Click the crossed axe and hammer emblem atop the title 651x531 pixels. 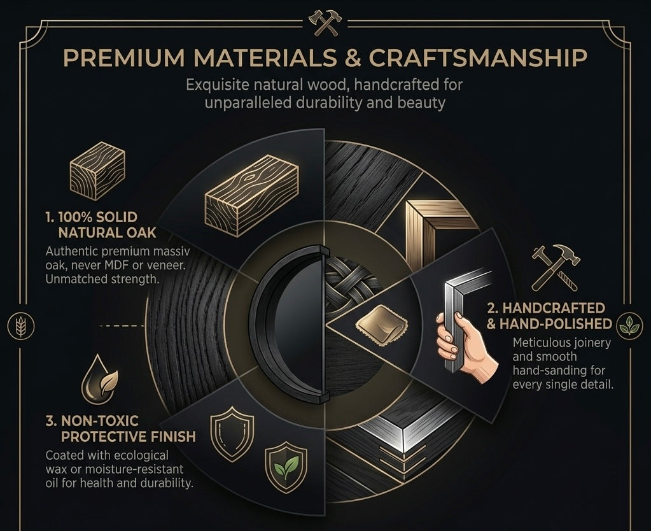(325, 24)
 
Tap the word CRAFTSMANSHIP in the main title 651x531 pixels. (478, 57)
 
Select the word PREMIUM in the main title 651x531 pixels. (124, 57)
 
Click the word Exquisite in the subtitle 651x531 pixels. (218, 85)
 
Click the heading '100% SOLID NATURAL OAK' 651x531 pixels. (101, 225)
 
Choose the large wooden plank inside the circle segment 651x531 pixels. (251, 195)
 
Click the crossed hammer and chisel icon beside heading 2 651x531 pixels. (556, 267)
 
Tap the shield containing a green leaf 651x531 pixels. (286, 467)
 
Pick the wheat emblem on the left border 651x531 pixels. (20, 325)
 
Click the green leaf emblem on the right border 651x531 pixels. (629, 325)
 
